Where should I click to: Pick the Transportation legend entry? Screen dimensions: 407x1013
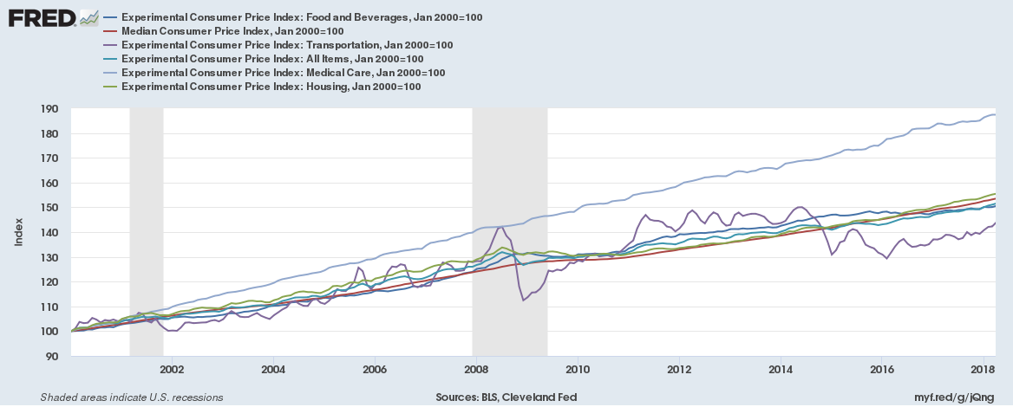(287, 45)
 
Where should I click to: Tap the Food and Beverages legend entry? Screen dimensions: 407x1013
(302, 17)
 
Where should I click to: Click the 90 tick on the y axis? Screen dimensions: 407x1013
(51, 356)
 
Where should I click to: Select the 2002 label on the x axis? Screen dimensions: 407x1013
(172, 370)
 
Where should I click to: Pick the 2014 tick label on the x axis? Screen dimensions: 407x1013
(781, 370)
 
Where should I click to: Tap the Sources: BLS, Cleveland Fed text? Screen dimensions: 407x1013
(506, 397)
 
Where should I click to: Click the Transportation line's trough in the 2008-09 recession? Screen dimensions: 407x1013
(524, 300)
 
